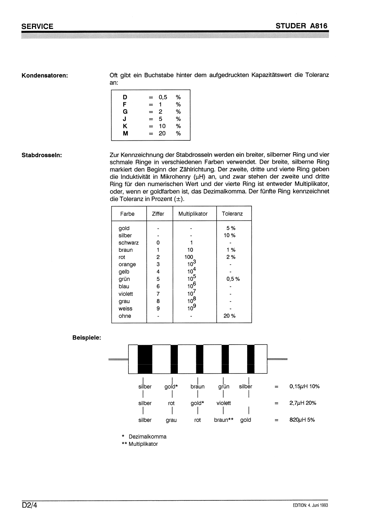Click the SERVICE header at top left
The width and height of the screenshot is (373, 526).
click(37, 26)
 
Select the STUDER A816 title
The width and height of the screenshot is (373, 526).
click(302, 26)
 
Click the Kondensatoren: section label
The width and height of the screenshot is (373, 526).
click(45, 75)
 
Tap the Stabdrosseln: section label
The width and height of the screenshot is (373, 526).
click(42, 155)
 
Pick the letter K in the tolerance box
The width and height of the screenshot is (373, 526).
click(125, 126)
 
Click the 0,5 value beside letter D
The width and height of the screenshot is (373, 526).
click(163, 97)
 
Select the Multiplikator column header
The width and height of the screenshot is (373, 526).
click(193, 214)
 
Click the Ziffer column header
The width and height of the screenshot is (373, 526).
click(158, 214)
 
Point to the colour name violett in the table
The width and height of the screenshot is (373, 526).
click(126, 294)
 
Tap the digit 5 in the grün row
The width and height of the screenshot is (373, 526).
click(158, 279)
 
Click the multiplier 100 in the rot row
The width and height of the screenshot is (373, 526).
click(189, 257)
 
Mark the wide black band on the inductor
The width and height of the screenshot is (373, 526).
click(145, 359)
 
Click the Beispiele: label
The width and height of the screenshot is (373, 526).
click(87, 337)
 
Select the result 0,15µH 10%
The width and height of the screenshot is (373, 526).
click(305, 387)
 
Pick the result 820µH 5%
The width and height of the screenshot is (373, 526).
click(302, 420)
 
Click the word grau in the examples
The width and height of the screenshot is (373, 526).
click(171, 420)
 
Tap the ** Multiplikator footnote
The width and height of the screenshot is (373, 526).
click(140, 444)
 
